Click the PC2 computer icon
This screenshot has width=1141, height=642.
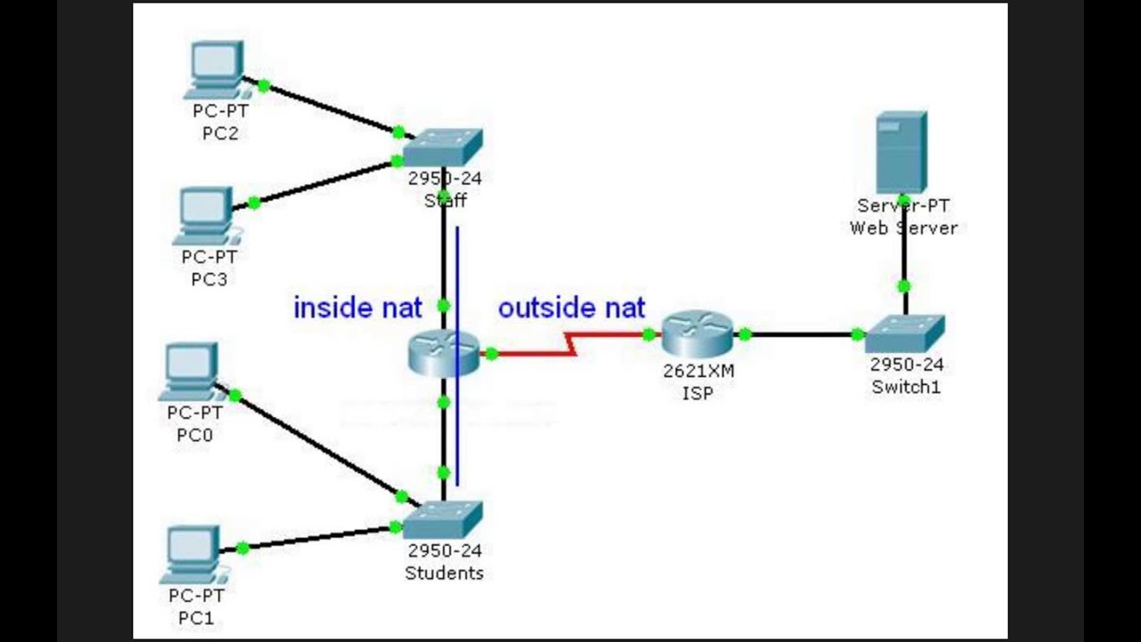(216, 70)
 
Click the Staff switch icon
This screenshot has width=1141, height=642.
(442, 148)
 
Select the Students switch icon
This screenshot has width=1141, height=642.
(442, 520)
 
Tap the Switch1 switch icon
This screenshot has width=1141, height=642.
(904, 334)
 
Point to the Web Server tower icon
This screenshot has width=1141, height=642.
(901, 152)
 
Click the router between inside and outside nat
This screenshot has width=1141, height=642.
(443, 352)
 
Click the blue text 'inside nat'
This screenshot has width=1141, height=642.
(357, 309)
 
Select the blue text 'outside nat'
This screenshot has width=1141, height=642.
(571, 309)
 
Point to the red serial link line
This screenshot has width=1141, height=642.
(535, 353)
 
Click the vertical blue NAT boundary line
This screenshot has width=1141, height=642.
(457, 267)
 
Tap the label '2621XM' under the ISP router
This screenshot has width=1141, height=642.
(698, 371)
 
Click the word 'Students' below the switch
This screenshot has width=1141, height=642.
(444, 573)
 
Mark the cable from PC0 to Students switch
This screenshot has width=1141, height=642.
(316, 446)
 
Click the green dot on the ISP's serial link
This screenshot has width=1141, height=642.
(649, 335)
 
